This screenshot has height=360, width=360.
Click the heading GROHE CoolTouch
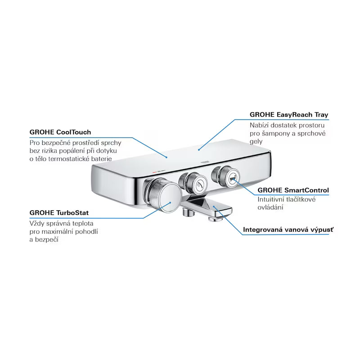click(60, 132)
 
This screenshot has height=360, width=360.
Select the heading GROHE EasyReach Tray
click(289, 115)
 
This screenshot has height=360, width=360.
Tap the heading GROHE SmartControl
click(293, 190)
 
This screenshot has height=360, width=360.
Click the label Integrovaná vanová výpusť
click(288, 229)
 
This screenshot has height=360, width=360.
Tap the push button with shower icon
click(197, 182)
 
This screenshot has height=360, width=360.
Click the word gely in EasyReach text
click(256, 142)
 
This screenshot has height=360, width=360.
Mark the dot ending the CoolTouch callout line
click(167, 157)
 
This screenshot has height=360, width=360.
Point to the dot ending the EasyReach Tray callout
click(199, 148)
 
